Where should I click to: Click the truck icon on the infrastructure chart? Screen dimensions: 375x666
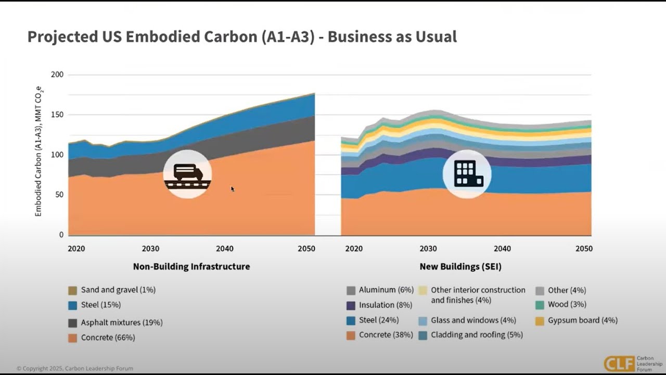click(187, 173)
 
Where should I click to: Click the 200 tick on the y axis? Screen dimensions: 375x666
click(57, 74)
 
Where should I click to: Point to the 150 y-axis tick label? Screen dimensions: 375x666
click(57, 115)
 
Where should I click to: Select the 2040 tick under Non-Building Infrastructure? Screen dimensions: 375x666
click(225, 248)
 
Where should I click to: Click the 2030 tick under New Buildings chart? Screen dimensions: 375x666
click(428, 248)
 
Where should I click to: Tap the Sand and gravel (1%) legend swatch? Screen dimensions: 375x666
click(72, 290)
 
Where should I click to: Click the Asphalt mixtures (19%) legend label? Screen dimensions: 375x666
click(122, 322)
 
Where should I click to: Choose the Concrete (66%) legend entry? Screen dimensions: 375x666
click(108, 337)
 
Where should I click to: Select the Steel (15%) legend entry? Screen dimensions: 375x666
click(100, 305)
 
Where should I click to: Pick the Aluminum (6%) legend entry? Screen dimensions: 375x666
click(386, 290)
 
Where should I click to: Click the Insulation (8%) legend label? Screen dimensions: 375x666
click(386, 305)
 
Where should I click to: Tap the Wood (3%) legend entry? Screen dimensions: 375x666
click(567, 304)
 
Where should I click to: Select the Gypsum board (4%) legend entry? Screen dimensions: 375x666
click(582, 320)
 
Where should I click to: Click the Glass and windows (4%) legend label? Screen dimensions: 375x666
click(473, 320)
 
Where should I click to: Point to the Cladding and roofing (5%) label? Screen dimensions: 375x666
click(477, 335)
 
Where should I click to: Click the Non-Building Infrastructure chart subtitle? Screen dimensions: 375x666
click(191, 267)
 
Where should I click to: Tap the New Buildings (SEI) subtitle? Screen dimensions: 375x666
click(460, 267)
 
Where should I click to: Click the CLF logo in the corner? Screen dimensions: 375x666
click(619, 363)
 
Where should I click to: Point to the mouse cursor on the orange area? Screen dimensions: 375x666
click(233, 189)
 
